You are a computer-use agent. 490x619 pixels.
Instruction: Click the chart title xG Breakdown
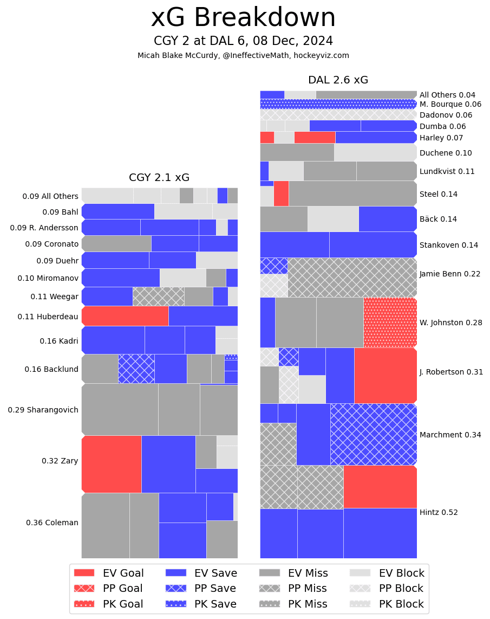(x=243, y=18)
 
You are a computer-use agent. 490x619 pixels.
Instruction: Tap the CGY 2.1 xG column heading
(x=159, y=177)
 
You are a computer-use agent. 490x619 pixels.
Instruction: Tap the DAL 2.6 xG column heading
(x=338, y=80)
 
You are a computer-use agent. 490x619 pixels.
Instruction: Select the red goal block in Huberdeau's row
(x=125, y=316)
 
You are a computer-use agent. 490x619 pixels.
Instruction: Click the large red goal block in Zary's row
(x=112, y=464)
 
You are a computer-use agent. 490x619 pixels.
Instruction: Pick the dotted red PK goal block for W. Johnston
(x=390, y=323)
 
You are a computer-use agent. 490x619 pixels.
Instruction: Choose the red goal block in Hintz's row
(x=380, y=487)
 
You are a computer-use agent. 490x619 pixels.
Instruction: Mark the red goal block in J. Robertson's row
(x=386, y=375)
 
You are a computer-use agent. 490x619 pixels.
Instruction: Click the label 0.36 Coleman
(x=52, y=523)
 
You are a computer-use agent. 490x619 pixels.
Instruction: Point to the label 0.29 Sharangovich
(x=43, y=410)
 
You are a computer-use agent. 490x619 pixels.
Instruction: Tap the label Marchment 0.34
(x=450, y=435)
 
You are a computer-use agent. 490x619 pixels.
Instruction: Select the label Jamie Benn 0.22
(x=450, y=274)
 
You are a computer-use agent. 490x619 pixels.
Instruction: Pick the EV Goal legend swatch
(x=84, y=573)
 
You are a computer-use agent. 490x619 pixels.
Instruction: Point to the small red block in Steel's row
(x=281, y=194)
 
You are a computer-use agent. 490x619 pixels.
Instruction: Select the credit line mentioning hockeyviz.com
(x=243, y=55)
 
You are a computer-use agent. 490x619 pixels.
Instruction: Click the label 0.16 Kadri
(x=59, y=341)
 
